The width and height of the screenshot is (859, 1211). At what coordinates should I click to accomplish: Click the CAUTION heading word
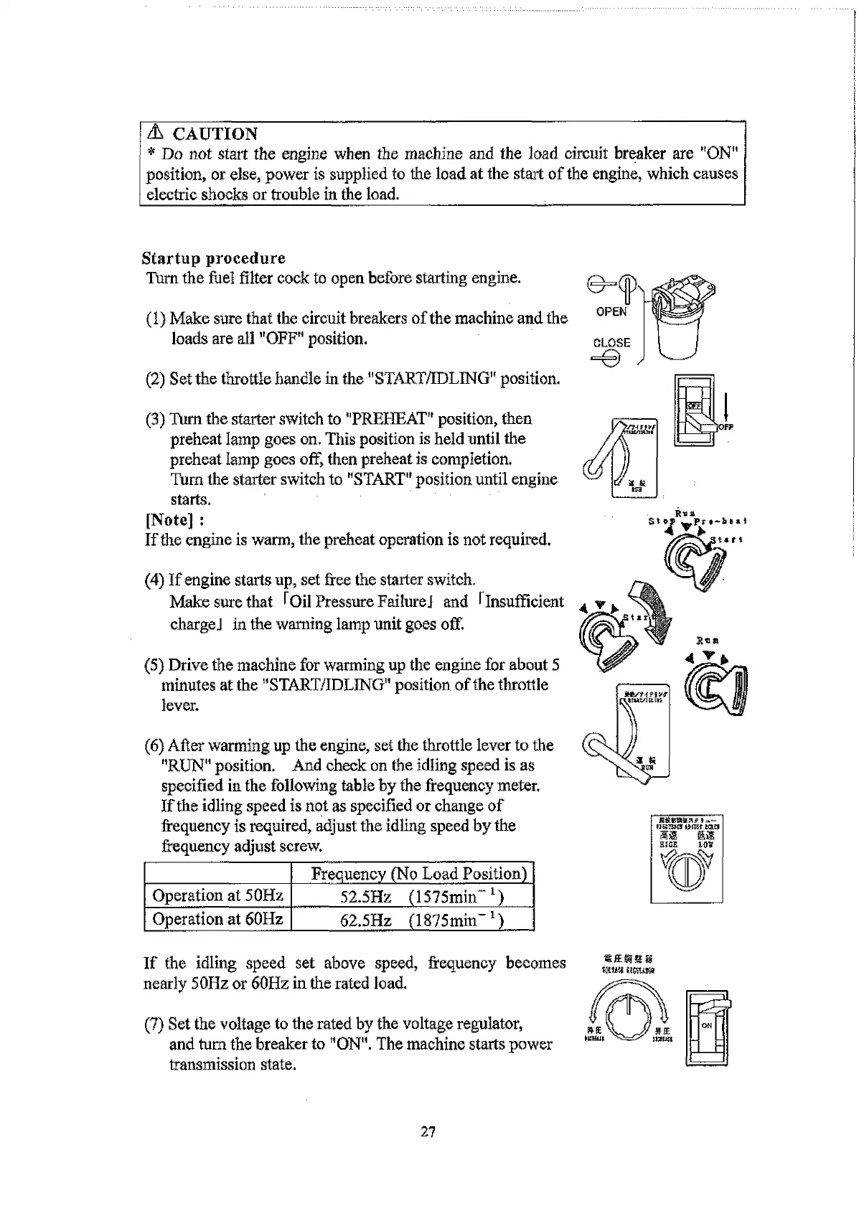215,134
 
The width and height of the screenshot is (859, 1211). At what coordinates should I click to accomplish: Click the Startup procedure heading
213,258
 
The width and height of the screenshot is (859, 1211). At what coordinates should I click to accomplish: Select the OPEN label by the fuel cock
611,311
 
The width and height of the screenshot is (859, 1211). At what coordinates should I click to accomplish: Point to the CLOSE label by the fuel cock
611,343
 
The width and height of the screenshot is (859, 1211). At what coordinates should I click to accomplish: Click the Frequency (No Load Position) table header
419,873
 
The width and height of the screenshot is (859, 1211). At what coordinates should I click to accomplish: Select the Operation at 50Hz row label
218,895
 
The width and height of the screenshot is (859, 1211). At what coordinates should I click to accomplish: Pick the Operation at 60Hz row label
218,919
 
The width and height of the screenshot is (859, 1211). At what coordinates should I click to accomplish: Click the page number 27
428,1132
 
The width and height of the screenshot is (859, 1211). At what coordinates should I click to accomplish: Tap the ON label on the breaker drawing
707,1026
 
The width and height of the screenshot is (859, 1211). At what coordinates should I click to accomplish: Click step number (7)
155,1024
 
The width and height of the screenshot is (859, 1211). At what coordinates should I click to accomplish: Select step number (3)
156,419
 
